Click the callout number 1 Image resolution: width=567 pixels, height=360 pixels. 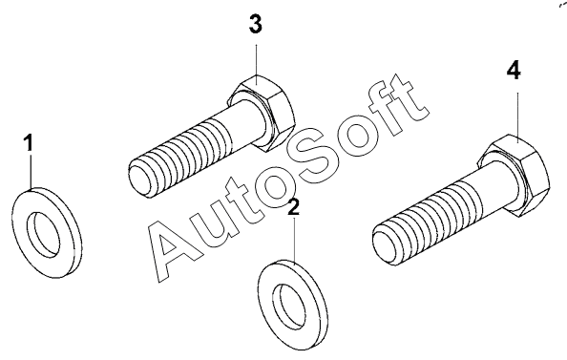pos(29,142)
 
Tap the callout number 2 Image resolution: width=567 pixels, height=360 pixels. pos(294,207)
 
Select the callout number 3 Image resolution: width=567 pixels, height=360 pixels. pos(256,25)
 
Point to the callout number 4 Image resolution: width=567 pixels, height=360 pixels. pos(514,71)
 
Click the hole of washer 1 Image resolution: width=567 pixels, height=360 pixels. pos(45,235)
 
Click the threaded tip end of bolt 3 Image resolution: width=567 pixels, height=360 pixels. pos(139,180)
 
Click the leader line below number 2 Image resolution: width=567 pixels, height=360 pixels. pos(295,240)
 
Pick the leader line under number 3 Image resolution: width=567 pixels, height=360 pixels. pos(257,60)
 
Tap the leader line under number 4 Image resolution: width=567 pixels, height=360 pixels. pos(517,114)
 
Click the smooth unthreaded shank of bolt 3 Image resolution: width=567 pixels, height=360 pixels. pos(247,122)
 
